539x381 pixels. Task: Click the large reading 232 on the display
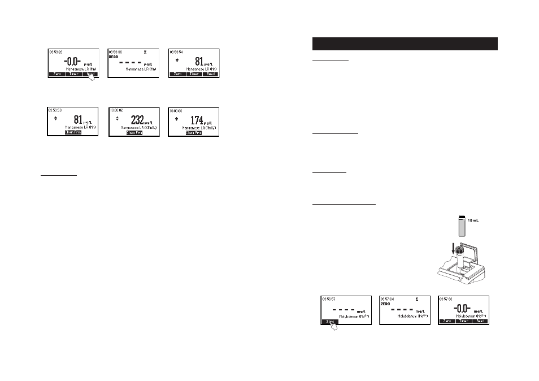pos(137,120)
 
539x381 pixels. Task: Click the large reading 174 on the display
pos(196,120)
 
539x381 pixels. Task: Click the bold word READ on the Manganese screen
pos(115,57)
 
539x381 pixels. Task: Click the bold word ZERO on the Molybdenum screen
pos(386,304)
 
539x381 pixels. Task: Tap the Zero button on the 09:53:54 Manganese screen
pos(177,74)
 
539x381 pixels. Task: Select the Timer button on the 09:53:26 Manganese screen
pos(73,74)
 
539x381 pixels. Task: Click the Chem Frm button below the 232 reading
pos(134,133)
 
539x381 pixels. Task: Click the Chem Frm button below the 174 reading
pos(194,133)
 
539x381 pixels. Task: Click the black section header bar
pos(405,44)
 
